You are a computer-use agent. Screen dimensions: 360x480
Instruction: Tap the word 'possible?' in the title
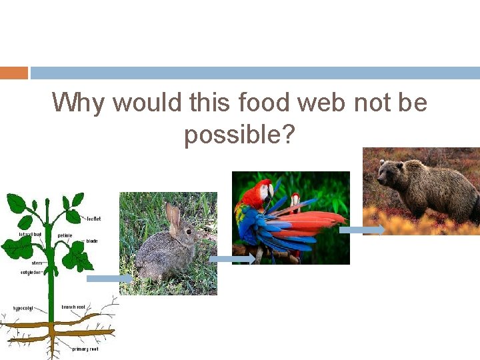click(x=239, y=135)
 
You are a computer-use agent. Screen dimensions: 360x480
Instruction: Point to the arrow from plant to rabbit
click(x=109, y=279)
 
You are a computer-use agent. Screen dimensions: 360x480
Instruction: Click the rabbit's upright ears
click(x=173, y=214)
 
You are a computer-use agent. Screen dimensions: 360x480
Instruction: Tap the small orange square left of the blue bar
click(x=14, y=73)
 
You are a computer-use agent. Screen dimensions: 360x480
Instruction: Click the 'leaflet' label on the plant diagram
click(x=93, y=219)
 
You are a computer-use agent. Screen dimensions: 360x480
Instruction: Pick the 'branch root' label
click(x=73, y=307)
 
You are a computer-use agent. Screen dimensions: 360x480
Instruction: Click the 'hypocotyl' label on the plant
click(x=23, y=309)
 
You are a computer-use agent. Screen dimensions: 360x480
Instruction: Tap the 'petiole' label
click(x=65, y=235)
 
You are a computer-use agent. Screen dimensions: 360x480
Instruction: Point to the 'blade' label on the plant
click(x=91, y=241)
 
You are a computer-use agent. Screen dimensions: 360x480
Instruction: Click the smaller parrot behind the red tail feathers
click(x=295, y=202)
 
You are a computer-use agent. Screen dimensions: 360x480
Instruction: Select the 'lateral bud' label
click(x=30, y=235)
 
